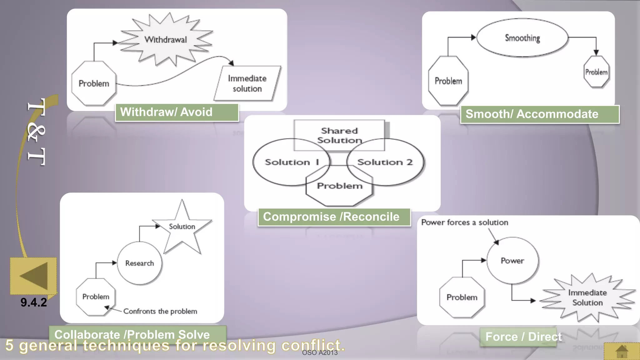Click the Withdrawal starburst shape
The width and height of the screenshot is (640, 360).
click(166, 40)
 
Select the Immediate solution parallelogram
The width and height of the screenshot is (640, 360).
click(247, 83)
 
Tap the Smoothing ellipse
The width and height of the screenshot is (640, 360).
click(522, 38)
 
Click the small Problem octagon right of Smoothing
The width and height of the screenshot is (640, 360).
click(596, 72)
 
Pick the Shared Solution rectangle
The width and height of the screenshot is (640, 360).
click(339, 135)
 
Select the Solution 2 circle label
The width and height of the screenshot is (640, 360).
click(385, 162)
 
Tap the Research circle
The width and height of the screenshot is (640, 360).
click(140, 263)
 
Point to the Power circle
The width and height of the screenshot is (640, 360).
click(512, 261)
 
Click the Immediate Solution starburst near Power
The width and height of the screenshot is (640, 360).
click(587, 297)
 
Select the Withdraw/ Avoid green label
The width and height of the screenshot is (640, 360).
click(177, 112)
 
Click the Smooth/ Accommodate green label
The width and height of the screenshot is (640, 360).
click(539, 114)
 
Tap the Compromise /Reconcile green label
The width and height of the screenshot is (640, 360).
click(334, 217)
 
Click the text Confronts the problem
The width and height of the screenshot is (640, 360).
click(160, 311)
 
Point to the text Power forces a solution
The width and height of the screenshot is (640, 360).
click(464, 222)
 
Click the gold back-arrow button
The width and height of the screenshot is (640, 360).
click(33, 276)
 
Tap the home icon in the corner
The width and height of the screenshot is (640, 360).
click(622, 351)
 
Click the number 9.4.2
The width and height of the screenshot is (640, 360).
click(34, 302)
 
